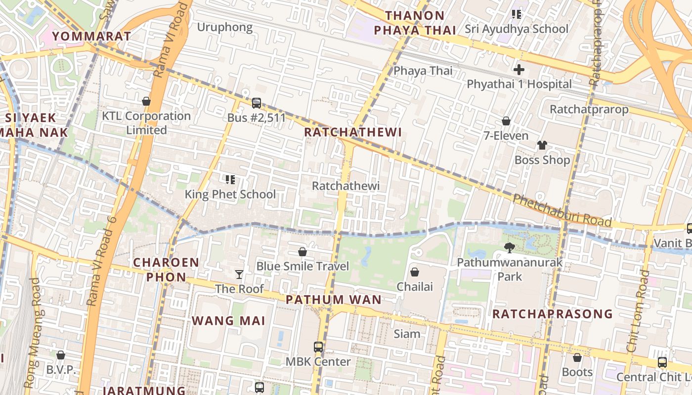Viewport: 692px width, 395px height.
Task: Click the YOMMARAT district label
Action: click(x=91, y=36)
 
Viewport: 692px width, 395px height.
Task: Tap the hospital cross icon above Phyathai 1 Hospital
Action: click(x=519, y=70)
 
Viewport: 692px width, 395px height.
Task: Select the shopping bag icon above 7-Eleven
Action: click(x=506, y=121)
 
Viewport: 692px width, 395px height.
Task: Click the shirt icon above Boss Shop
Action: click(x=542, y=145)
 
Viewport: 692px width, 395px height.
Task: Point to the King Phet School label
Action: click(x=230, y=194)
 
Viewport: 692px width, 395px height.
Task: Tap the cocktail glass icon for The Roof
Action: click(x=239, y=274)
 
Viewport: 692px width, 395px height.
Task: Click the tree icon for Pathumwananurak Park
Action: click(x=509, y=248)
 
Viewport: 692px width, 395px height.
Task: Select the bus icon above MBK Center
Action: click(x=318, y=347)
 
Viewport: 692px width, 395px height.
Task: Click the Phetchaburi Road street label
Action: click(x=562, y=210)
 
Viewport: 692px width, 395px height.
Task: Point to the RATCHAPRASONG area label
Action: click(x=552, y=314)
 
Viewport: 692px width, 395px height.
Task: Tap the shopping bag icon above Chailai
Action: click(x=415, y=272)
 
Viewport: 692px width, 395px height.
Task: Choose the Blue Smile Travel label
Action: click(x=303, y=266)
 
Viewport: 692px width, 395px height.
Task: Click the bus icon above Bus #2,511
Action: click(x=256, y=103)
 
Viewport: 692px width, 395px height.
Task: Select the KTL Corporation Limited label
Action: click(x=146, y=123)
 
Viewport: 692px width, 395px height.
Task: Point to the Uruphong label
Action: click(x=225, y=27)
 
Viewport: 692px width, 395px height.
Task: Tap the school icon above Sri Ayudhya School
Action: click(x=517, y=14)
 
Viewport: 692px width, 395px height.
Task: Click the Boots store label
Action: click(x=577, y=372)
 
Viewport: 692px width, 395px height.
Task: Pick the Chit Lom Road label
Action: click(x=638, y=311)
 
